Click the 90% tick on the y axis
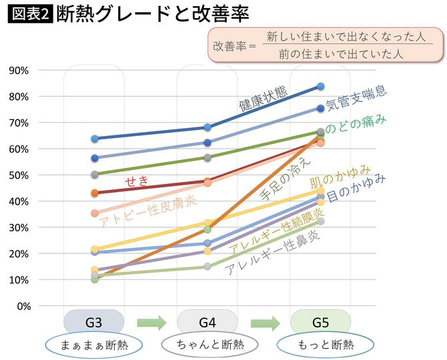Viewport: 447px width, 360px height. (20, 71)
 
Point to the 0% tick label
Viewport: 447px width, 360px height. (22, 306)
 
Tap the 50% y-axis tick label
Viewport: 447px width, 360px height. (20, 175)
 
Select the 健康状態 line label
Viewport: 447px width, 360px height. (264, 98)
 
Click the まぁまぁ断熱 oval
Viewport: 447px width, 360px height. (94, 345)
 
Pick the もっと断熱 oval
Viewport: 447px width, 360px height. (320, 345)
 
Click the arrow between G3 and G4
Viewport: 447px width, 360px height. (151, 323)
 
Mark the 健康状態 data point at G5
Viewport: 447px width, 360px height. (320, 86)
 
